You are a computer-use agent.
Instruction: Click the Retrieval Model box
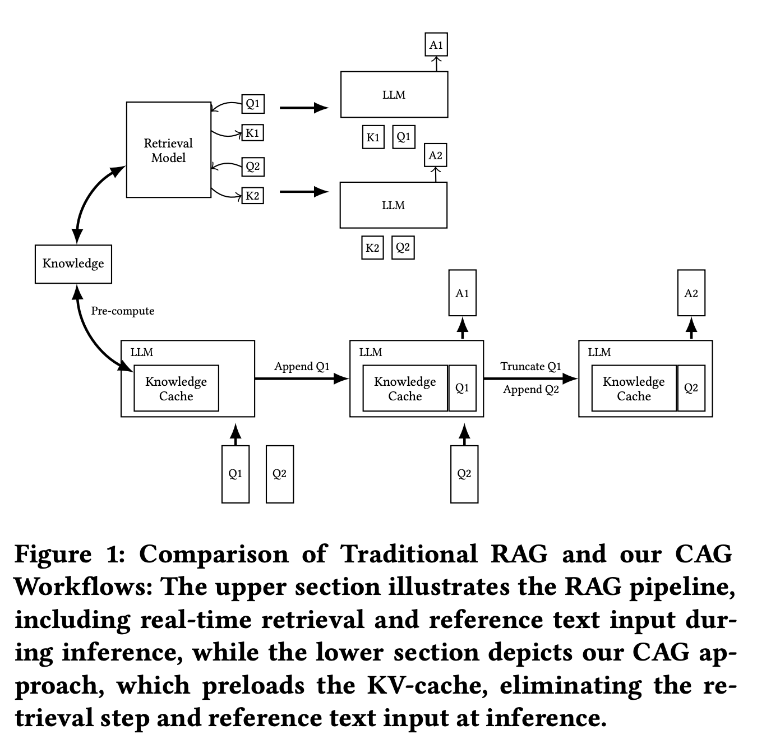coord(168,150)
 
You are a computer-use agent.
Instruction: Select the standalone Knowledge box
coord(73,264)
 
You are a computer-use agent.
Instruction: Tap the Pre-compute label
coord(122,311)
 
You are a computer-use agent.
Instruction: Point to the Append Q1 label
coord(302,367)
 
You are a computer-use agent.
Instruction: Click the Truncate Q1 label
coord(530,367)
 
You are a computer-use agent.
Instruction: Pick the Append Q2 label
coord(530,390)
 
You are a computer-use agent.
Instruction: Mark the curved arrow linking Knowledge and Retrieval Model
coord(90,196)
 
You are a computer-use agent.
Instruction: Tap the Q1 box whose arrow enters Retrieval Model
coord(253,104)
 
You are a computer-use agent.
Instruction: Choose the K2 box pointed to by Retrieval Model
coord(253,196)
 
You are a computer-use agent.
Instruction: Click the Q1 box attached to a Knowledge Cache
coord(462,388)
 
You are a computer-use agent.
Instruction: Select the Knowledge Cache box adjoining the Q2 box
coord(634,389)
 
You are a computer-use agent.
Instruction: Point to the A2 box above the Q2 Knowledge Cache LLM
coord(691,293)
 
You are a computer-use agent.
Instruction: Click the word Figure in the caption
coord(53,555)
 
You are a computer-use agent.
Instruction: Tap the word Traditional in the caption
coord(409,555)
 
